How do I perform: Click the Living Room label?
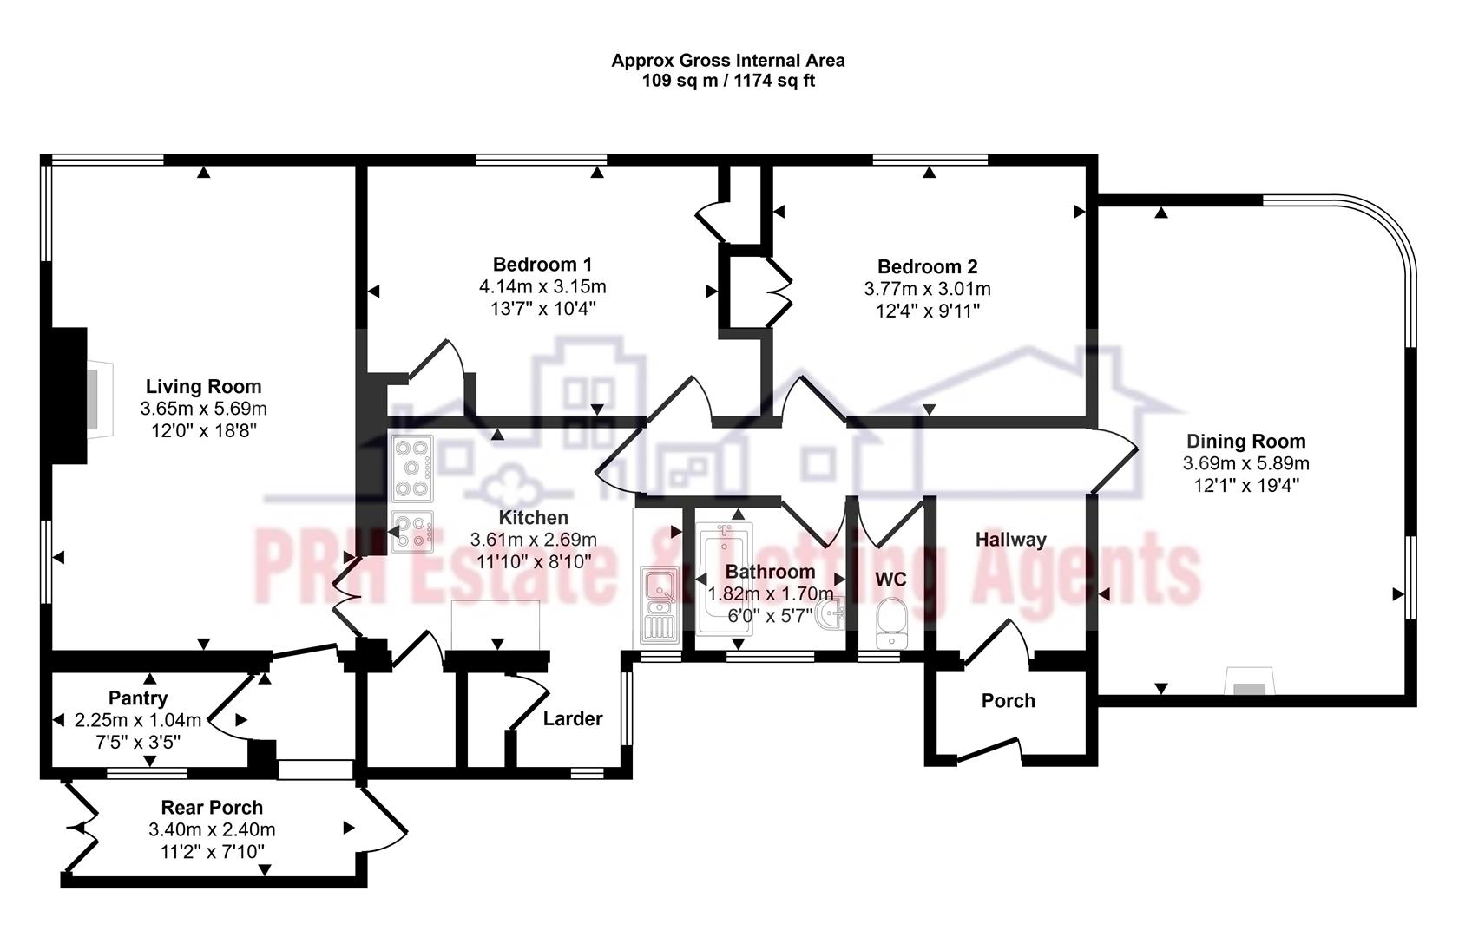203,387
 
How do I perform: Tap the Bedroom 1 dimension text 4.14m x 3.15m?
542,286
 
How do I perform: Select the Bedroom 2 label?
927,266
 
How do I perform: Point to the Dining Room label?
1245,442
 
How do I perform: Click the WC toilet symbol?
890,622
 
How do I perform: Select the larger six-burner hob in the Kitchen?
412,468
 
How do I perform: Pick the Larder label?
572,718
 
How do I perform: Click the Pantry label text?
138,698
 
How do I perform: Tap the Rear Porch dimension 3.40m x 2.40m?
212,830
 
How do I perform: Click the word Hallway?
1010,540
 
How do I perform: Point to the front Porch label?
1008,701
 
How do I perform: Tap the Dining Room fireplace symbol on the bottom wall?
1249,683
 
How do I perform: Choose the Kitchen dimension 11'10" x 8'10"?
533,561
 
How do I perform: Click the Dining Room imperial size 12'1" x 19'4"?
1245,486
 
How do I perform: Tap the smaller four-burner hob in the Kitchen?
412,532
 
